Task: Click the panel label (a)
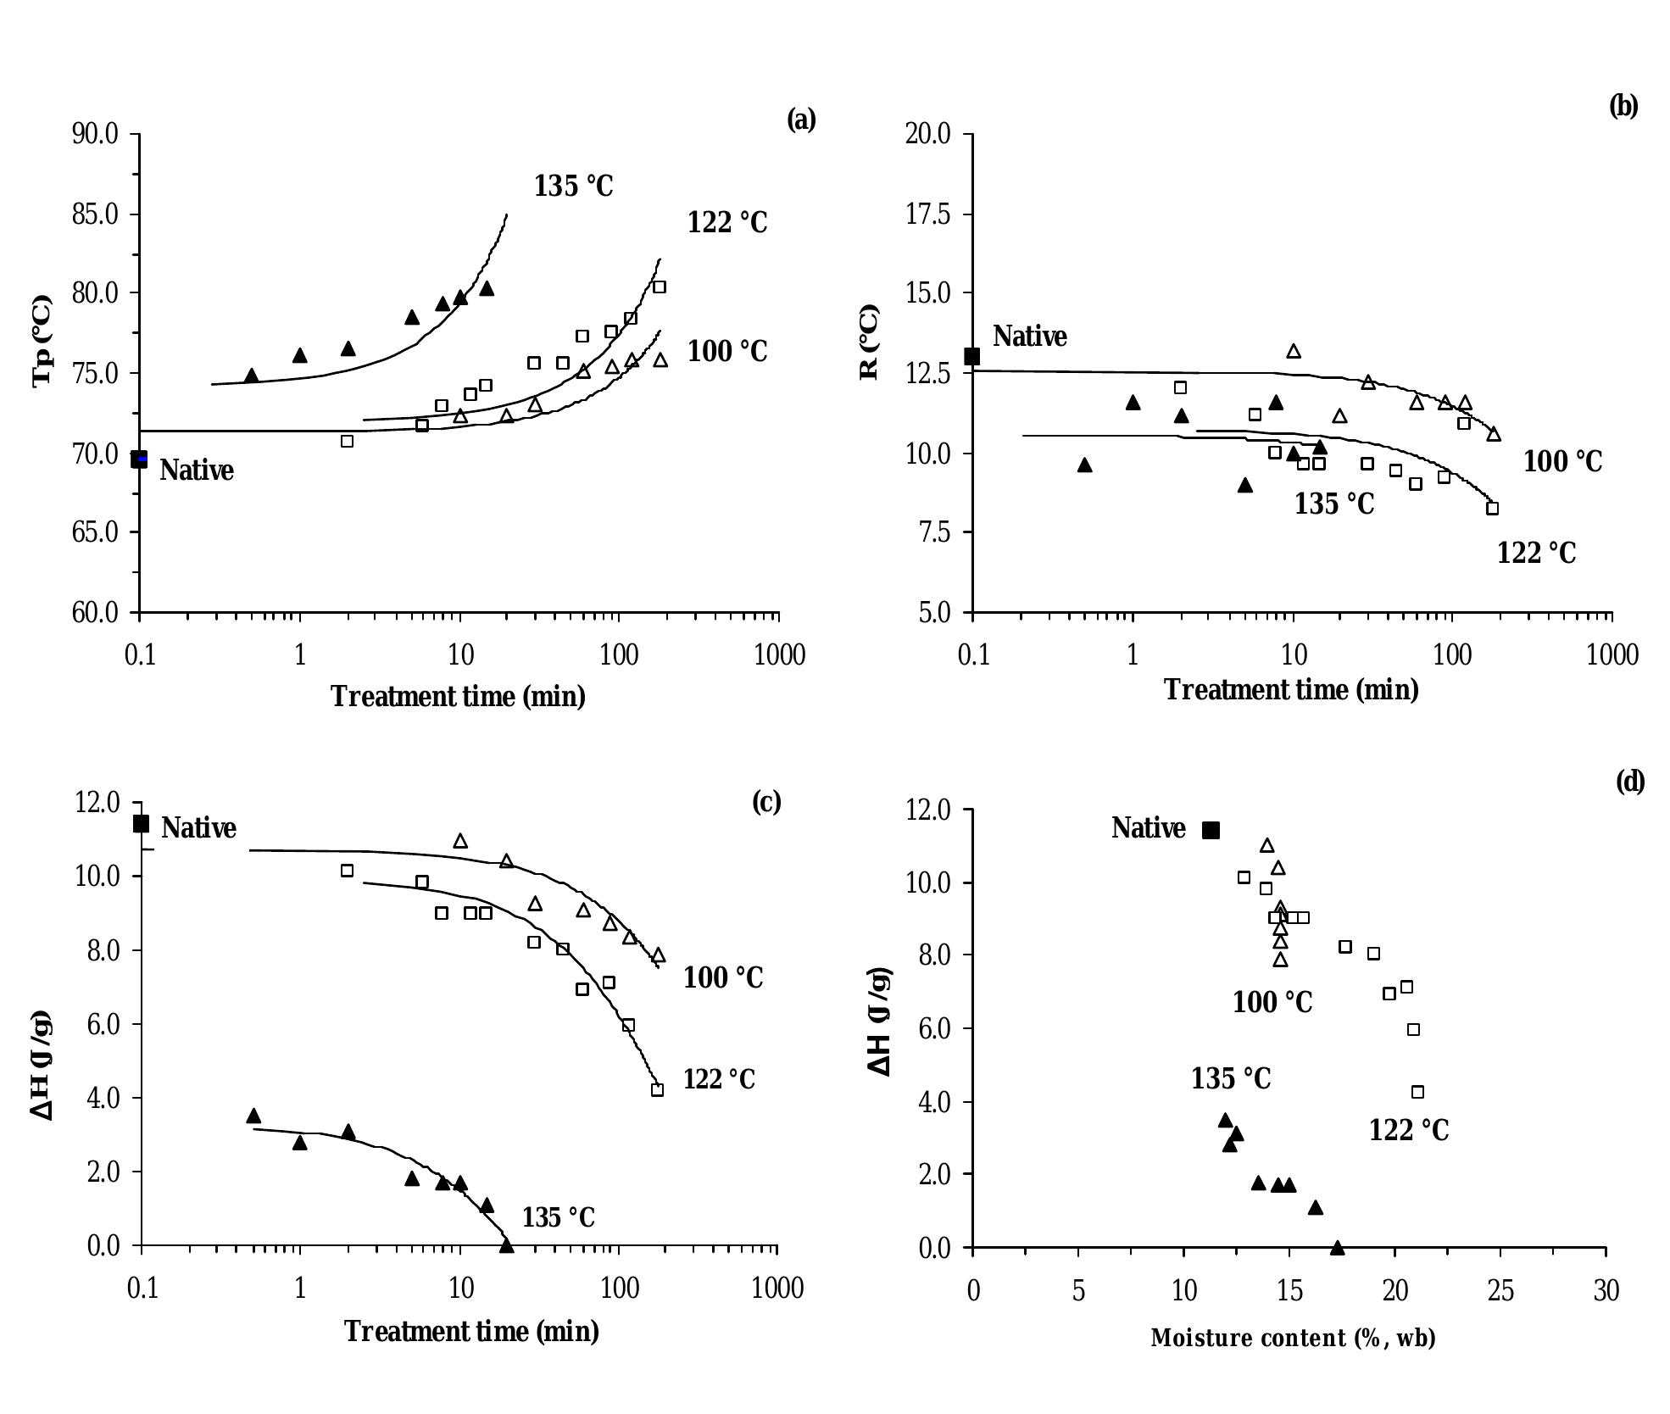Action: (x=801, y=120)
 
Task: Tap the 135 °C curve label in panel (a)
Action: (x=573, y=186)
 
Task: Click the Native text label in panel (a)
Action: (x=196, y=470)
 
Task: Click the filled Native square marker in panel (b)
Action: (x=972, y=356)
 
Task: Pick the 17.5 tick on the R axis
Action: (x=927, y=214)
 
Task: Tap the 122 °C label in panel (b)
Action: (x=1536, y=553)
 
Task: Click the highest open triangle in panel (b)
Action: (x=1294, y=351)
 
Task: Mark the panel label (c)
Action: (x=766, y=802)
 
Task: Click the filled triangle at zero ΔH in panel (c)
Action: (x=507, y=1245)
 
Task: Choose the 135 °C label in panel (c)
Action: (x=558, y=1217)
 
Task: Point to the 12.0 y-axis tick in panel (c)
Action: (x=97, y=802)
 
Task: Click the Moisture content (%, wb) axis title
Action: (x=1293, y=1338)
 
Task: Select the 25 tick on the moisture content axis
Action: (x=1500, y=1290)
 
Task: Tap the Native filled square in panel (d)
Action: (x=1211, y=830)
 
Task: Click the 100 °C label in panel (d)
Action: (x=1272, y=1002)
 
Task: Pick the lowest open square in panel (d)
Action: (x=1417, y=1092)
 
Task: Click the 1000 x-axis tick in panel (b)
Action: (x=1612, y=654)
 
